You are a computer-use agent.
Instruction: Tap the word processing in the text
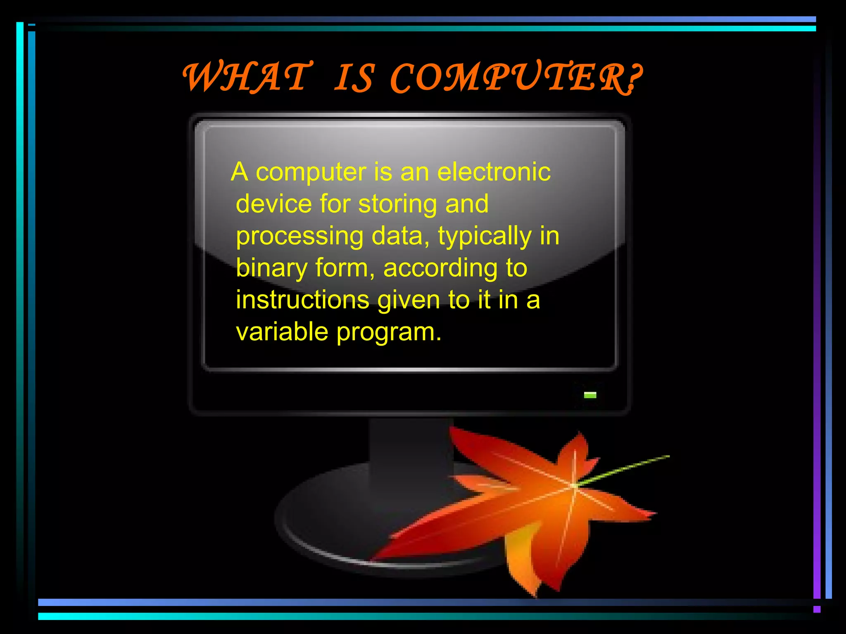pos(299,237)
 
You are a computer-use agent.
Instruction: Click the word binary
pos(271,268)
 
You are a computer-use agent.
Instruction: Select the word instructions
pos(302,300)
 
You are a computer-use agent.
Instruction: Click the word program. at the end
pos(389,333)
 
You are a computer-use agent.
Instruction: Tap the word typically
pos(485,237)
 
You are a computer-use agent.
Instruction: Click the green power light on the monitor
pos(590,395)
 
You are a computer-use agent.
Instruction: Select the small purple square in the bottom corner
pos(817,609)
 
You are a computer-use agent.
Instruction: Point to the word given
pos(409,300)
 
